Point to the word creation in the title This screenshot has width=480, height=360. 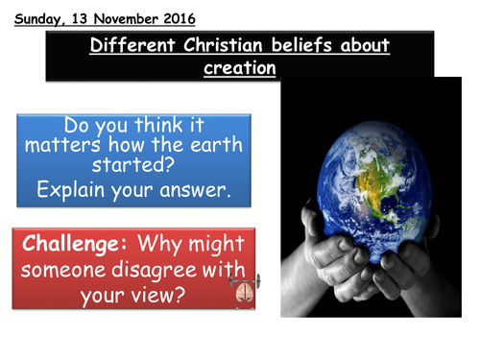240,68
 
